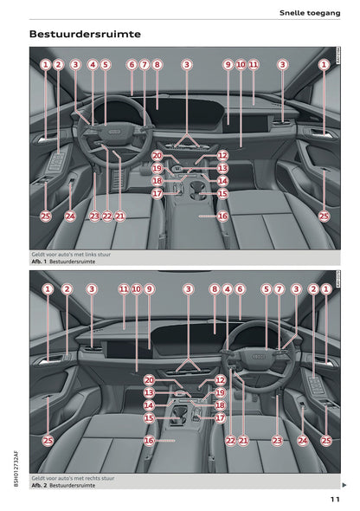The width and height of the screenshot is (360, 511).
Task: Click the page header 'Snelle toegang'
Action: [309, 11]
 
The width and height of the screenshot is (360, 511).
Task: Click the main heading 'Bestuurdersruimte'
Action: [85, 35]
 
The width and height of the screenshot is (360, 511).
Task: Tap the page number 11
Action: [334, 498]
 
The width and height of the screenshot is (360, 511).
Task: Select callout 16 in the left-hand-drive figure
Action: [222, 217]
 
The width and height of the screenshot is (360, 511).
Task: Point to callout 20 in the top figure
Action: [157, 155]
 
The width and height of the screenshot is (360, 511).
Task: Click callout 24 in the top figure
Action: [70, 217]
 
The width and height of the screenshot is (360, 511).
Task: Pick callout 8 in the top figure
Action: [157, 64]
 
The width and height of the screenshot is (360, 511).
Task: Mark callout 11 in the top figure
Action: [254, 64]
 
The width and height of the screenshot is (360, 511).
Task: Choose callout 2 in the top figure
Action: [58, 64]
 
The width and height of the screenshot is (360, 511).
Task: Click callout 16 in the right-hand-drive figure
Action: [149, 440]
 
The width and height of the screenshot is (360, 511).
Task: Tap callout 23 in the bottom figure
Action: [277, 440]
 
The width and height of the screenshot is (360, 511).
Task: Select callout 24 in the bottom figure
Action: [302, 440]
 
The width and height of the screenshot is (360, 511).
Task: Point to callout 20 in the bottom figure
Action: [149, 379]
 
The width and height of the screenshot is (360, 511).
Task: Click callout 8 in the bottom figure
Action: [214, 288]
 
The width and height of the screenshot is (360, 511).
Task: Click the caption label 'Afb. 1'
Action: [38, 261]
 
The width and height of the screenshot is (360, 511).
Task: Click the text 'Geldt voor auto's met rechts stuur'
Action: [75, 478]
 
